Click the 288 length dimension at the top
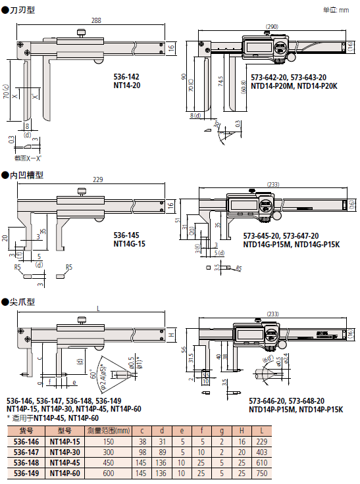[96, 21]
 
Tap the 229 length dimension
[97, 180]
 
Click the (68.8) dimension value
[243, 85]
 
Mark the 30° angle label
[217, 124]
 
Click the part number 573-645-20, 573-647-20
[281, 235]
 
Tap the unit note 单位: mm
[337, 10]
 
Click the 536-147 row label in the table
[26, 452]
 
